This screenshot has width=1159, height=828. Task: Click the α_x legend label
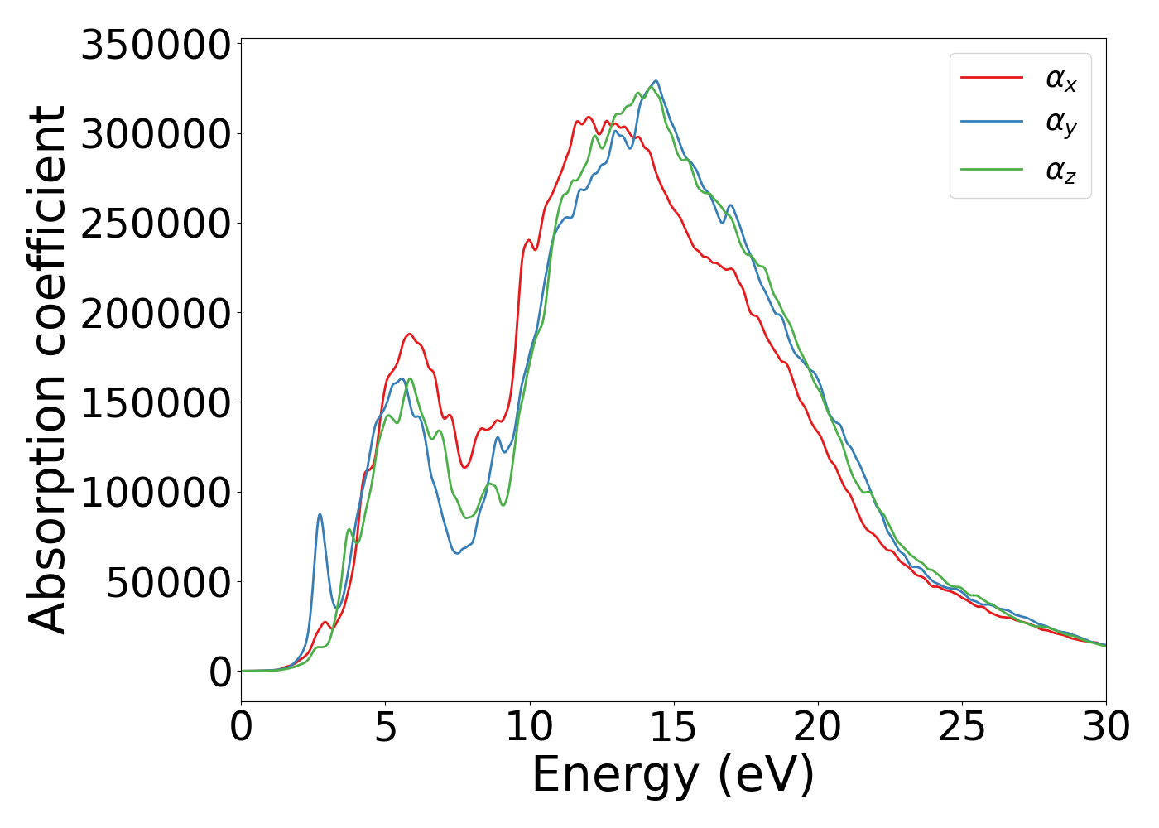point(1060,79)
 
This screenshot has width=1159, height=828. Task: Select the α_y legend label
point(1060,124)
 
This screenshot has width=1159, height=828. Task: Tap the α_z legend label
point(1060,171)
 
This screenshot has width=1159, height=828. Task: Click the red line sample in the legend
point(992,78)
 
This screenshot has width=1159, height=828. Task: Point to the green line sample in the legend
point(992,169)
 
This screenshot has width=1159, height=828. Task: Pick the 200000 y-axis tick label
point(155,314)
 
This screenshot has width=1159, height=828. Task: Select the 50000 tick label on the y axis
point(168,583)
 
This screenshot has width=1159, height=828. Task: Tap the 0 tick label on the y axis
point(220,672)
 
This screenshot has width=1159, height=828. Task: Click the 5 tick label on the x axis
point(385,728)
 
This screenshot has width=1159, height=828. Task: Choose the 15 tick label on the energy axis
point(673,728)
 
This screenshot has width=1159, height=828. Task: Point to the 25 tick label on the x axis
point(961,728)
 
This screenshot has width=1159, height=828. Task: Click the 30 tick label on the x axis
point(1105,728)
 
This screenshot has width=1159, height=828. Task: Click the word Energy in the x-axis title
point(614,776)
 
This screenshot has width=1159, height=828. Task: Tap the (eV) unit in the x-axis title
point(766,776)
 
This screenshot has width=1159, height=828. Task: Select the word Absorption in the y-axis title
point(48,505)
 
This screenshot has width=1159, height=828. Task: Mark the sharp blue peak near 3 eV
point(320,514)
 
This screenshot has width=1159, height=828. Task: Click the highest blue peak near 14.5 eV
point(656,81)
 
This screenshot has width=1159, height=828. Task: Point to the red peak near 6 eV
point(409,335)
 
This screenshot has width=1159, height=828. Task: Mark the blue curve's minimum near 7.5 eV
point(457,552)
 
